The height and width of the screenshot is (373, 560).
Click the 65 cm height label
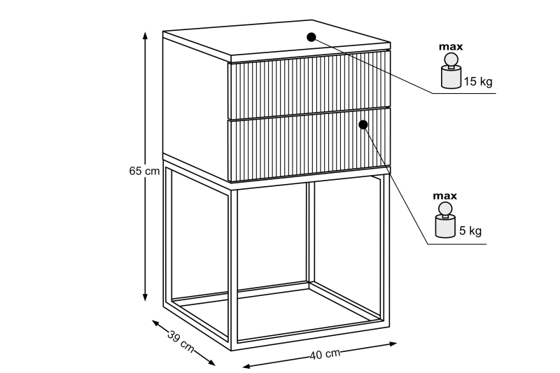(144, 171)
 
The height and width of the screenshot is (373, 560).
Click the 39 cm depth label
(181, 342)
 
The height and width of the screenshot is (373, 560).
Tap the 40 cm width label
(325, 354)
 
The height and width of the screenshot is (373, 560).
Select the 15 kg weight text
(478, 81)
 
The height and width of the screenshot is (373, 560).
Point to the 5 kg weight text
(470, 230)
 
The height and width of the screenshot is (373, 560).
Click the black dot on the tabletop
(311, 37)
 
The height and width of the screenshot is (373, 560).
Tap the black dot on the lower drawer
(363, 125)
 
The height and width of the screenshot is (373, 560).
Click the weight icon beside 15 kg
(451, 71)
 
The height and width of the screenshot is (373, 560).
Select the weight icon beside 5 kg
(445, 220)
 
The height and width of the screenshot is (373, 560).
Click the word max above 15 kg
(451, 47)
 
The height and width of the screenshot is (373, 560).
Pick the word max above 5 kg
(445, 196)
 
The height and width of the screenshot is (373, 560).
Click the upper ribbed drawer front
(309, 85)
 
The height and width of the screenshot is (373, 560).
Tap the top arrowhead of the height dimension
(145, 35)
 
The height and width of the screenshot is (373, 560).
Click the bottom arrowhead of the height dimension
(145, 297)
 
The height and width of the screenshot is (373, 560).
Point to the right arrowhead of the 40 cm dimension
(393, 344)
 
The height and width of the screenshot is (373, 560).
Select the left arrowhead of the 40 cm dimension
(247, 366)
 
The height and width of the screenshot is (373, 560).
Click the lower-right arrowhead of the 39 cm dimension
(211, 363)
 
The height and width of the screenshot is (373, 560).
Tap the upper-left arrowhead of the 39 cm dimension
(156, 323)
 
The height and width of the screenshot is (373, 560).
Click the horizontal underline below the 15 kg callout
(464, 94)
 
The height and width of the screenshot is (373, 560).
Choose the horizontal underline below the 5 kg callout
(457, 244)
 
